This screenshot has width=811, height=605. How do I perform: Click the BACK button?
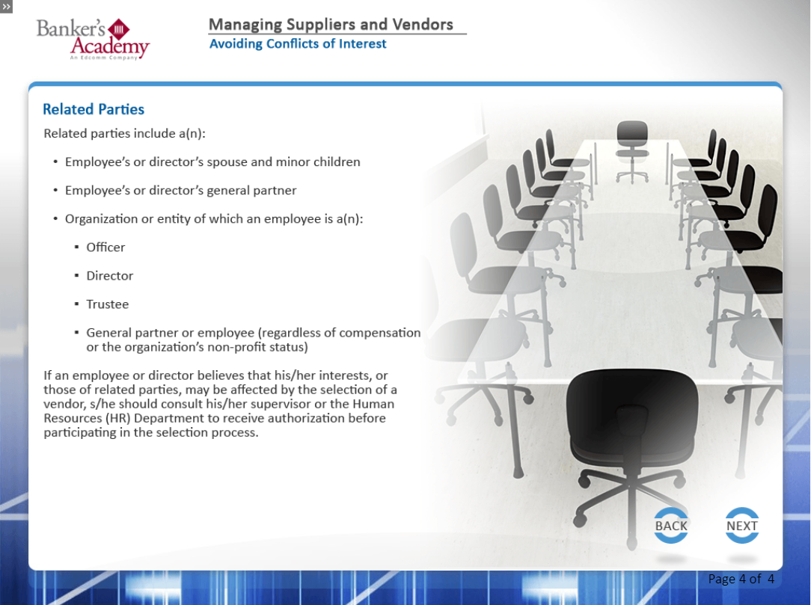pyautogui.click(x=671, y=526)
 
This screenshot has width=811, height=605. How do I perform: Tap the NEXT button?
pyautogui.click(x=741, y=526)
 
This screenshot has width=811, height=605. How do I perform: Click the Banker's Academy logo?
pyautogui.click(x=93, y=40)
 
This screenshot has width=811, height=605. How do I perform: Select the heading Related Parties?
pyautogui.click(x=93, y=109)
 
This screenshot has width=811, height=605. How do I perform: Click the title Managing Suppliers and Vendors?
pyautogui.click(x=331, y=24)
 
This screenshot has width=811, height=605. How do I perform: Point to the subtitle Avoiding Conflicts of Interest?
pyautogui.click(x=298, y=44)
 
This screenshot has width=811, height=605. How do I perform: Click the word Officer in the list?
pyautogui.click(x=105, y=248)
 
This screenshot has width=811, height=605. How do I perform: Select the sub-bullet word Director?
pyautogui.click(x=110, y=276)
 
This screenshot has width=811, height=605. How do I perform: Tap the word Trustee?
pyautogui.click(x=107, y=304)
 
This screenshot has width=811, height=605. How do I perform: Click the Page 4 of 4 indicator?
pyautogui.click(x=741, y=579)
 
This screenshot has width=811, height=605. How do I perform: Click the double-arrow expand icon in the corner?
pyautogui.click(x=6, y=7)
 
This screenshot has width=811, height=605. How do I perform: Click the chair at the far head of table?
pyautogui.click(x=632, y=150)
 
